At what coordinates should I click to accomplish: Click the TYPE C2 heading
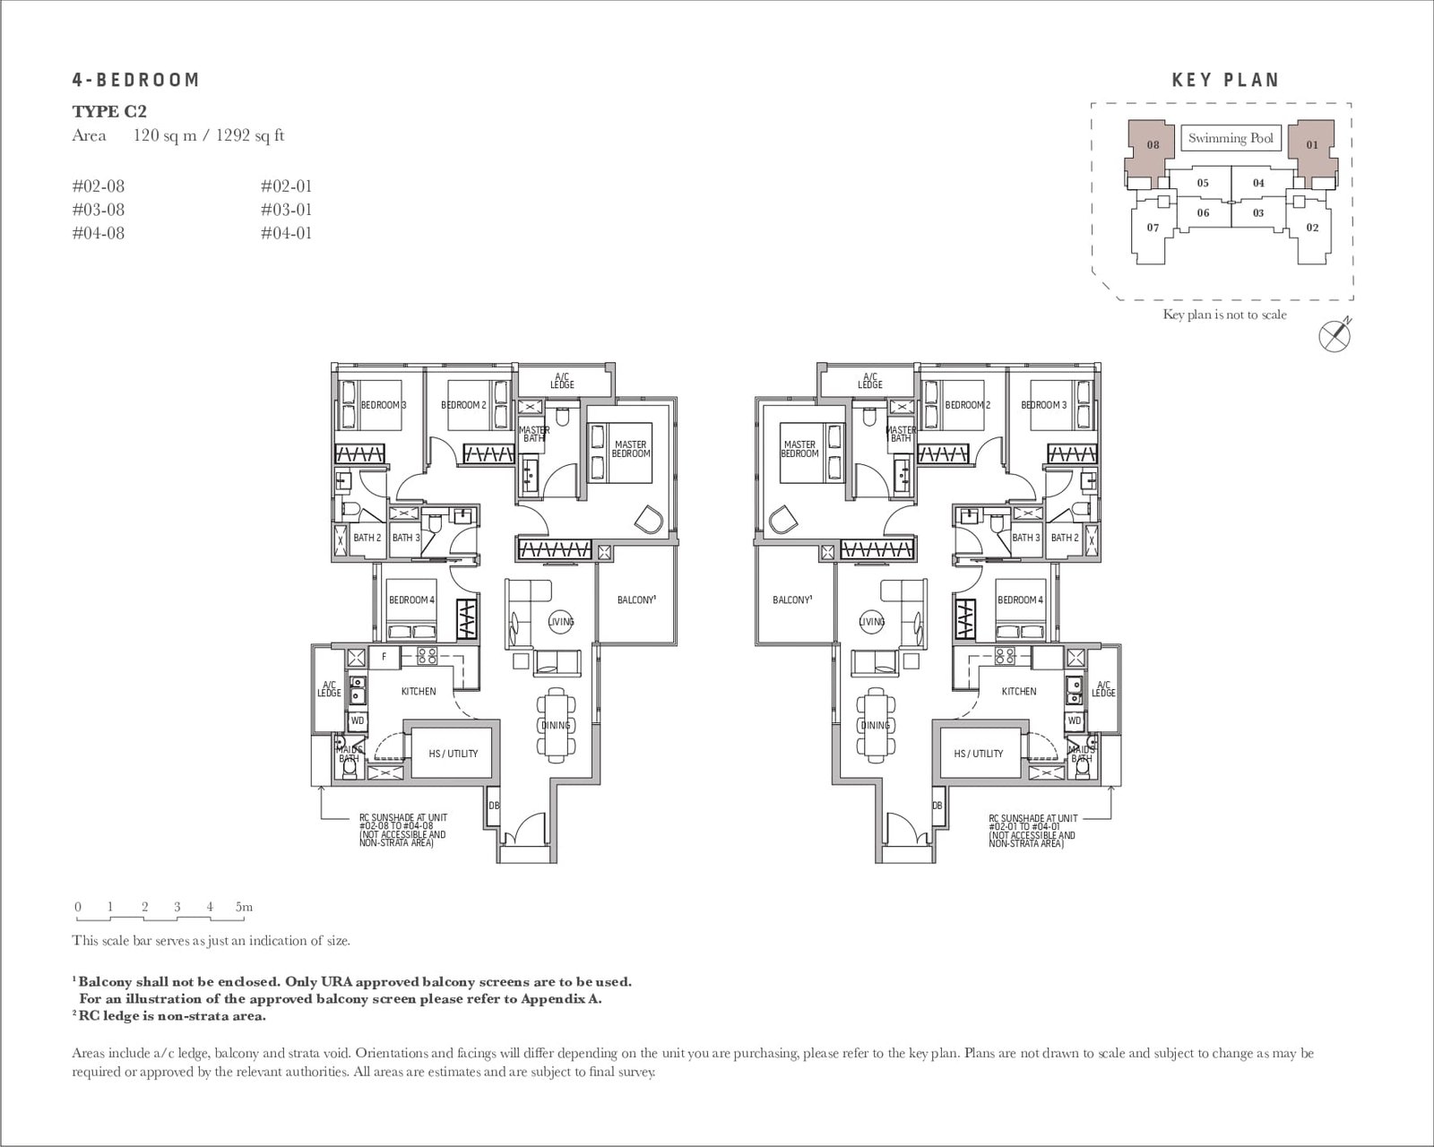coord(109,111)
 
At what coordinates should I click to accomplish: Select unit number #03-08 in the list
coord(99,210)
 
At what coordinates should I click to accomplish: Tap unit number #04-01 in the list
coord(287,233)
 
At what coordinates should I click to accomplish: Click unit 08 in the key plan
coord(1153,144)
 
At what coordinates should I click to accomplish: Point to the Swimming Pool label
coord(1231,138)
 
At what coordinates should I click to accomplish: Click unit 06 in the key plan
coord(1203,212)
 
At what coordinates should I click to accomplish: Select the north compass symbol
coord(1335,334)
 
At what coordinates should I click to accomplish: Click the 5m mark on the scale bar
coord(244,907)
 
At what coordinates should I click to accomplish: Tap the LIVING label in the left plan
coord(561,622)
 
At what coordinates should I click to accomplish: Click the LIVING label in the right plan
coord(872,622)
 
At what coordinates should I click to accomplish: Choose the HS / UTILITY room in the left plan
coord(453,754)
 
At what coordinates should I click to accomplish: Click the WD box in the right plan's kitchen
coord(1075,720)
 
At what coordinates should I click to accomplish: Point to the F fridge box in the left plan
coord(384,657)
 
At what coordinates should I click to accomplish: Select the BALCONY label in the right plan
coord(793,599)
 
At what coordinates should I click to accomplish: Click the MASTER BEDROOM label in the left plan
coord(630,449)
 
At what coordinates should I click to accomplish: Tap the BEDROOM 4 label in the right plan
coord(1020,599)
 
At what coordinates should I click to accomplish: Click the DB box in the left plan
coord(493,806)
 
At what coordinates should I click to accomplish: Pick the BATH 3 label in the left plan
coord(406,538)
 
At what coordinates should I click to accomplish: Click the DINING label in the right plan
coord(875,725)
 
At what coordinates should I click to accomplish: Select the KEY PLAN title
coord(1225,80)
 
